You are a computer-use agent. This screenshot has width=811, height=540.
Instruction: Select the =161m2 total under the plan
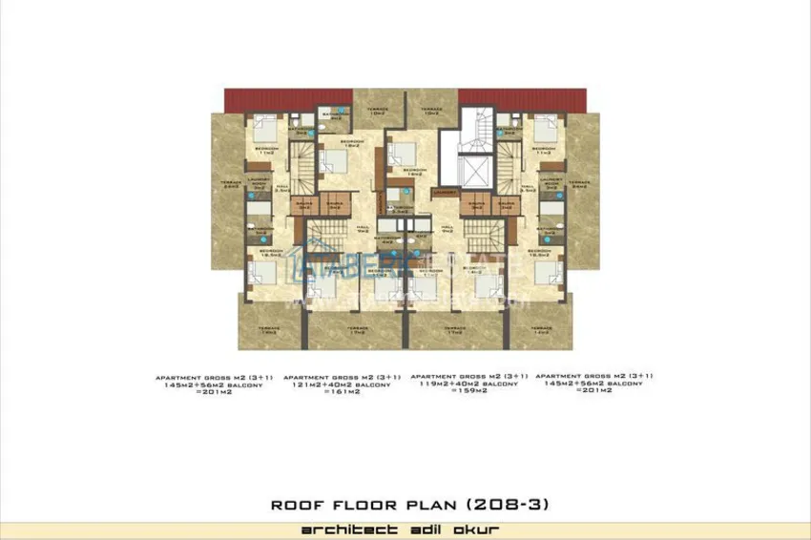click(340, 392)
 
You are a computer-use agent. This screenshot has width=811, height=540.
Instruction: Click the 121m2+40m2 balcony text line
click(342, 384)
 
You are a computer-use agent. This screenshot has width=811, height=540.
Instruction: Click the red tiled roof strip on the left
click(289, 98)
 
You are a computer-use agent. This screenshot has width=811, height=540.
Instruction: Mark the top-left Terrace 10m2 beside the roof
click(378, 113)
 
